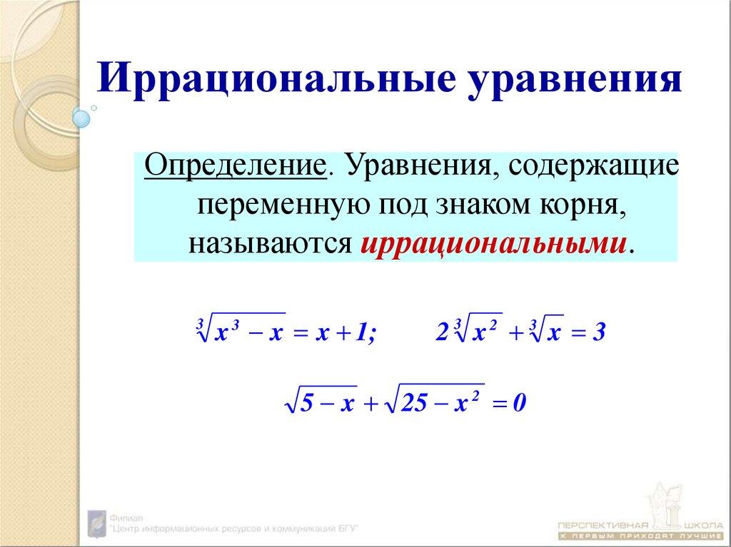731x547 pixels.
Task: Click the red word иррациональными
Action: point(497,242)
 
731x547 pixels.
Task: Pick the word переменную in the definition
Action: point(283,207)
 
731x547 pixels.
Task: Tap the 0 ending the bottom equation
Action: point(519,404)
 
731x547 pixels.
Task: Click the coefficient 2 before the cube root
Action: point(442,333)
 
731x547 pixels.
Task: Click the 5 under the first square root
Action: point(306,404)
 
